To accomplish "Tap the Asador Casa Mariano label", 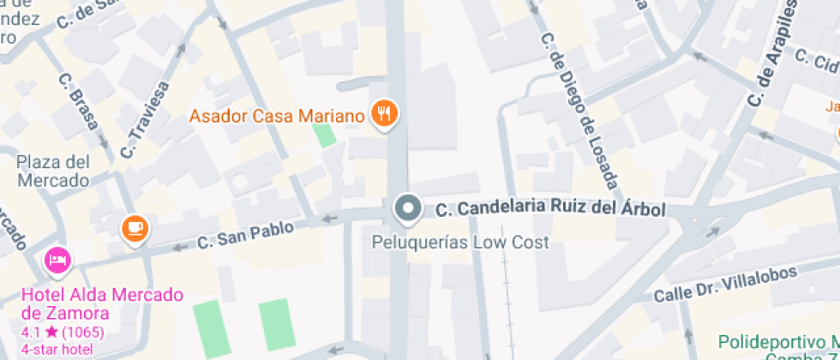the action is point(278,115).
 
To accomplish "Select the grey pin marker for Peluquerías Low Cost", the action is point(408,208).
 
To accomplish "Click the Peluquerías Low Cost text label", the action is point(459,243).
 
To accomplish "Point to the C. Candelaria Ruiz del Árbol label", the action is point(550,209).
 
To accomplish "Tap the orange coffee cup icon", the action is point(135,227).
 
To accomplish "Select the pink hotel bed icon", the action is point(57,260).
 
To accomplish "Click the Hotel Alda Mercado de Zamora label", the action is point(102,303).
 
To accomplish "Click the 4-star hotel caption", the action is point(57,349).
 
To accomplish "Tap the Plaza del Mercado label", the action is point(53,171).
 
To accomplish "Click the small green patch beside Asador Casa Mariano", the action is point(324,135).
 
